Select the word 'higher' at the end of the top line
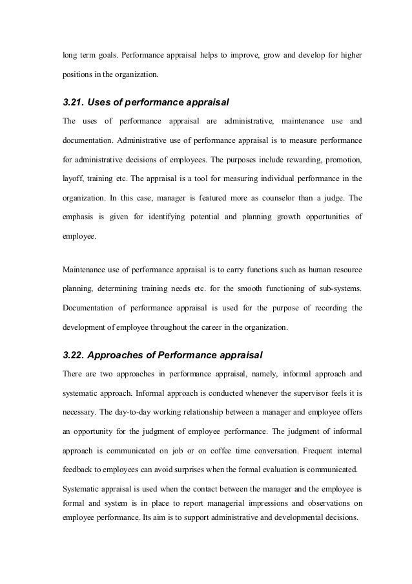349,54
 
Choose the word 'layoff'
72,177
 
